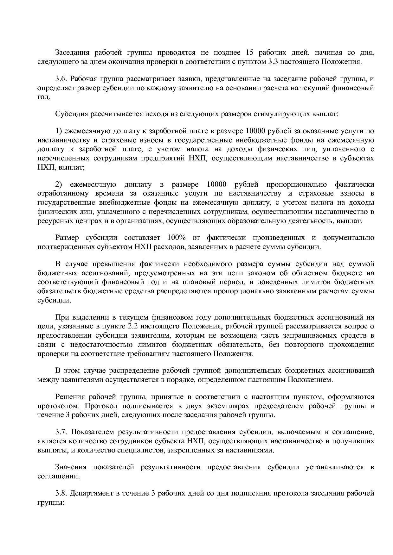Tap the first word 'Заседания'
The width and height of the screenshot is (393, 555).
click(72, 53)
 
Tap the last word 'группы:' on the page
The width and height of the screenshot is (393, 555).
click(51, 502)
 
